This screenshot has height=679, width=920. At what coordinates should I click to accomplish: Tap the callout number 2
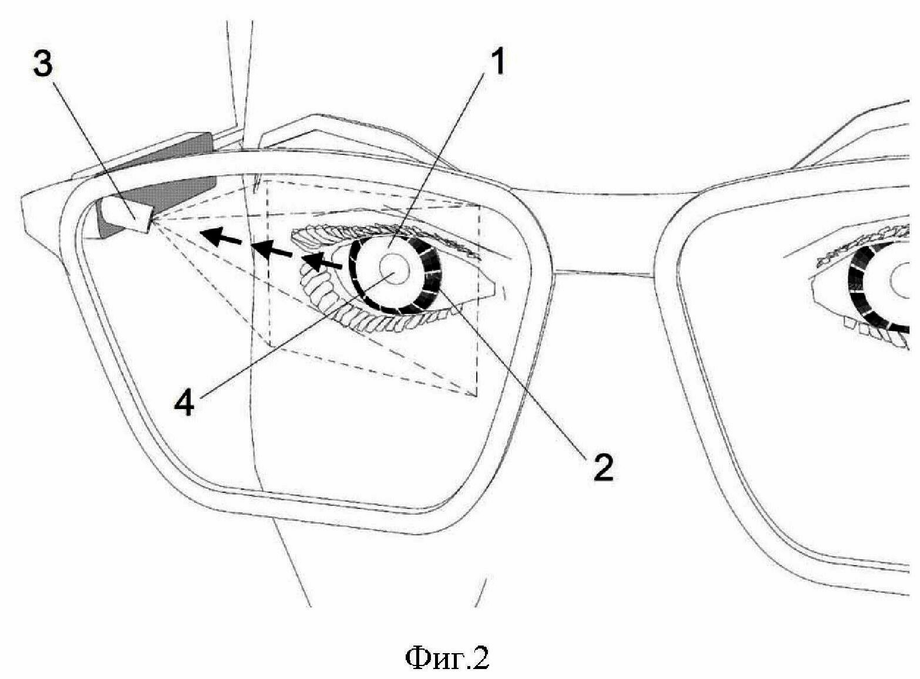[x=602, y=467]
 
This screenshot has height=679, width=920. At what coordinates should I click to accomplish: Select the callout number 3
[x=42, y=65]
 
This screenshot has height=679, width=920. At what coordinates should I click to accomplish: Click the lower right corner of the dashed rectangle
[x=477, y=395]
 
